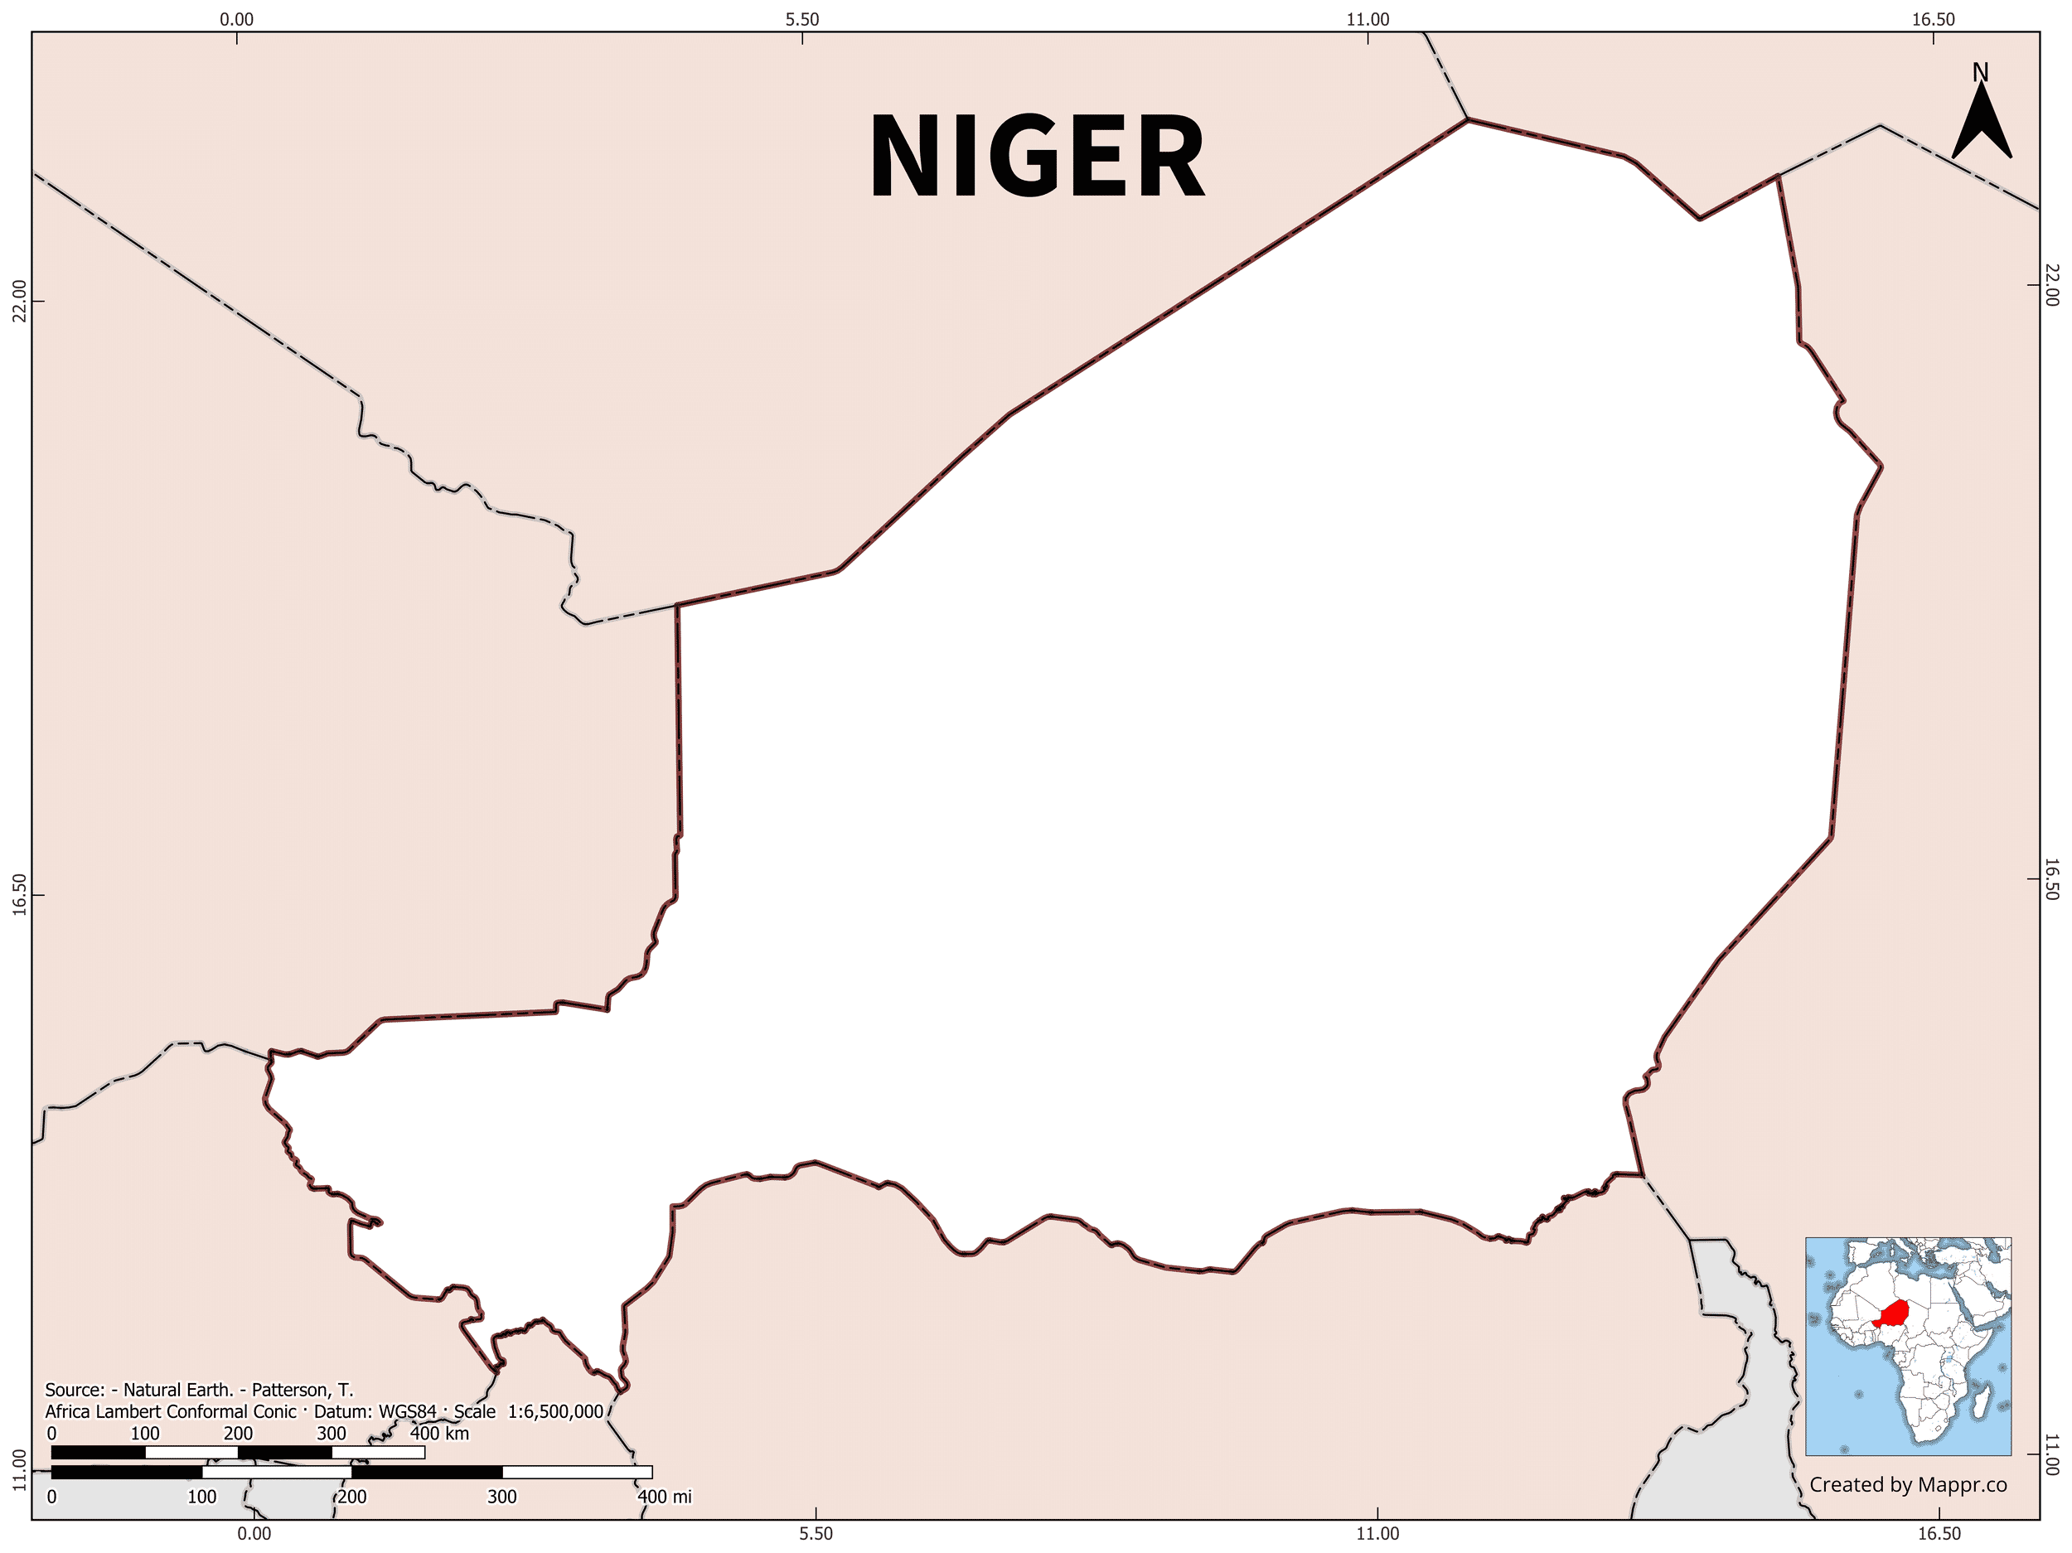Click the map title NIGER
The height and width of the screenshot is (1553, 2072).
(x=1037, y=157)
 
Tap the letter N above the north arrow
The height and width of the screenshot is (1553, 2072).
(x=1980, y=72)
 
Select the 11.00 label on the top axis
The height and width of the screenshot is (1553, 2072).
(x=1368, y=20)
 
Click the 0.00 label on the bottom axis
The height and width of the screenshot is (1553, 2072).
(x=254, y=1533)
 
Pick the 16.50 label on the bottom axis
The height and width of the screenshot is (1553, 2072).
(x=1939, y=1533)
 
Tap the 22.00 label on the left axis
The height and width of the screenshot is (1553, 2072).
(x=17, y=301)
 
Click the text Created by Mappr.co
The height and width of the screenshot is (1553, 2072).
(x=1908, y=1484)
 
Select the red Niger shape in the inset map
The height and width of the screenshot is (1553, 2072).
(x=1893, y=1314)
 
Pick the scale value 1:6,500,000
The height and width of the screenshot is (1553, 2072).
(x=555, y=1411)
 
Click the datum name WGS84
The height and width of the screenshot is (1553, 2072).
(x=408, y=1411)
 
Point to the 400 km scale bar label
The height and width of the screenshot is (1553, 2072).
(x=439, y=1433)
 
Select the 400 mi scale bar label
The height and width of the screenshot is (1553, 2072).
(x=664, y=1497)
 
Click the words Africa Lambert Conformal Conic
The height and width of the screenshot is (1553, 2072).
(x=171, y=1411)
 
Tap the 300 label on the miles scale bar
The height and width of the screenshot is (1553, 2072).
(x=502, y=1497)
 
